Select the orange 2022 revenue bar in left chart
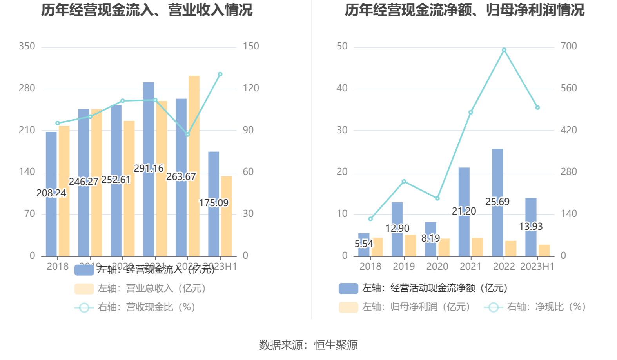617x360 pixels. click(194, 165)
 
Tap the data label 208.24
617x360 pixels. click(51, 193)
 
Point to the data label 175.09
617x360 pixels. click(214, 203)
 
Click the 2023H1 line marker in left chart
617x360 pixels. click(220, 74)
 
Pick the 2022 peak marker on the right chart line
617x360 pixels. click(504, 50)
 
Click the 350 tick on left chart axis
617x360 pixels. click(27, 46)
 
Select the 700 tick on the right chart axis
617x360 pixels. click(568, 46)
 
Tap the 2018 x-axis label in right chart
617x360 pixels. click(370, 267)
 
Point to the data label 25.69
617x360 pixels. click(497, 202)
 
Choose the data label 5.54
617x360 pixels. click(364, 244)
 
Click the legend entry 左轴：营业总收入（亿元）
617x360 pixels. click(151, 288)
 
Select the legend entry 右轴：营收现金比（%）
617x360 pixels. click(146, 307)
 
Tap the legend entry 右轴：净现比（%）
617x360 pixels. click(546, 307)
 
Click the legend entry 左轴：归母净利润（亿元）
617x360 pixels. click(416, 307)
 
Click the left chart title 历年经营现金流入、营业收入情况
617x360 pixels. click(147, 10)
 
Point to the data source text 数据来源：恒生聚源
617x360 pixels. click(308, 345)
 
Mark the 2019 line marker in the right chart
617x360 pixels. click(404, 182)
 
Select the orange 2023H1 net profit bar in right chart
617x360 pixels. click(544, 251)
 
